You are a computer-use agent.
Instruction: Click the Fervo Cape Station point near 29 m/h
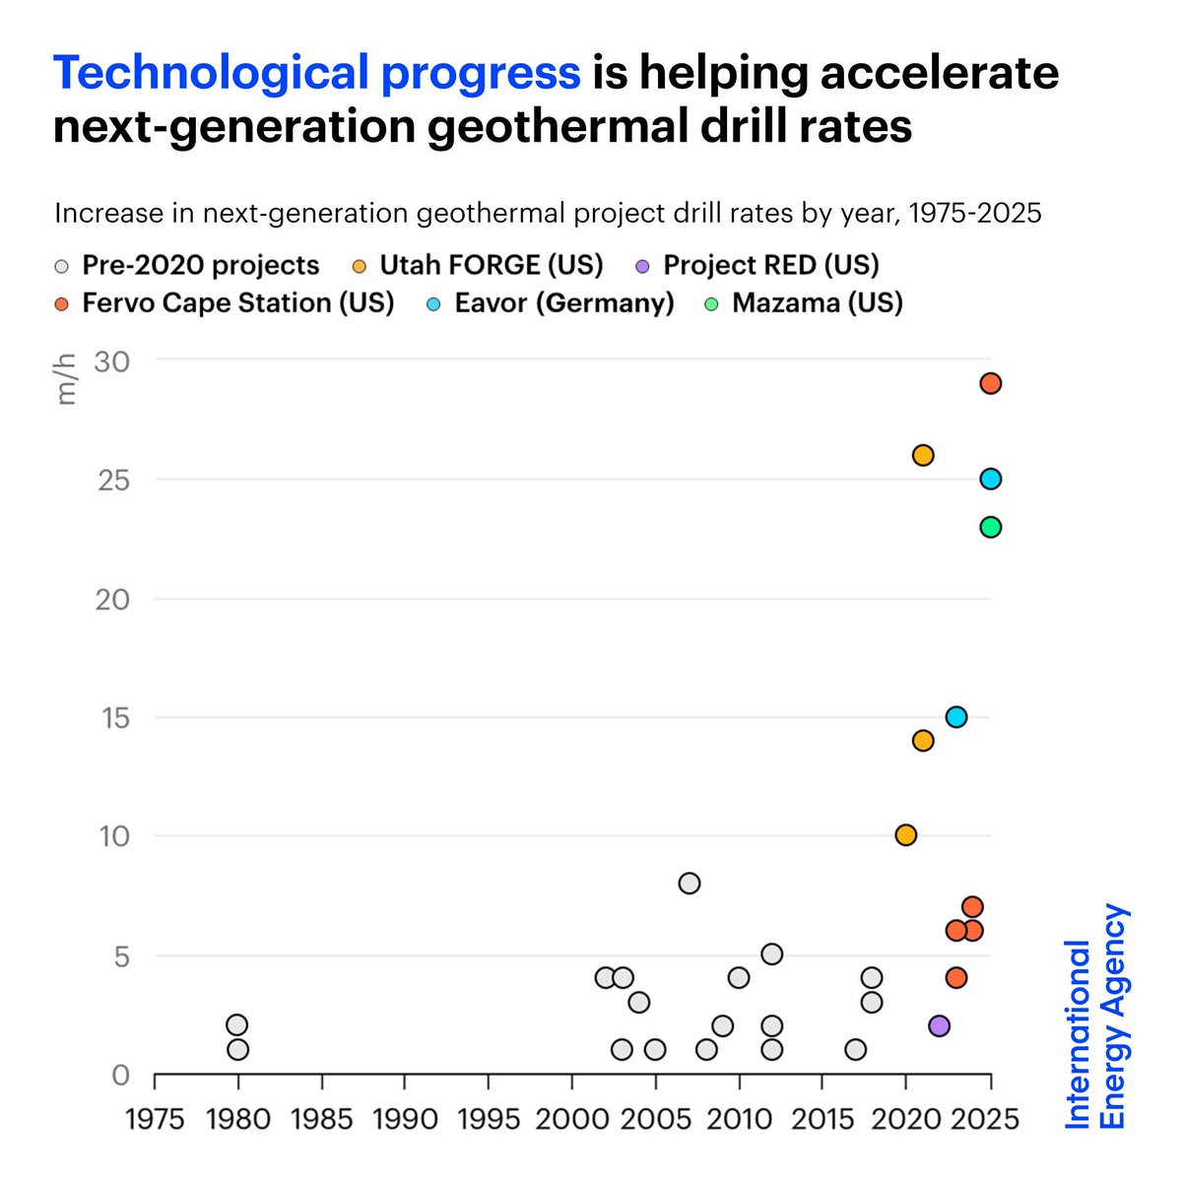point(990,383)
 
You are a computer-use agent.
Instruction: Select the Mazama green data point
point(990,527)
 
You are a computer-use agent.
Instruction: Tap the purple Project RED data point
point(939,1025)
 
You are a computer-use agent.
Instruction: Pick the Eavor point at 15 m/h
point(955,716)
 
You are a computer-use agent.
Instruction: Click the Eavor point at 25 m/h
point(990,479)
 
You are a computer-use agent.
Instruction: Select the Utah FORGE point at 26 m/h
point(922,455)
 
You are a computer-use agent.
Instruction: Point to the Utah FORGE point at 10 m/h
point(905,835)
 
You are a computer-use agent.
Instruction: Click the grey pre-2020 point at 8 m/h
point(689,883)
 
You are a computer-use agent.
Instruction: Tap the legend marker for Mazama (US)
point(711,303)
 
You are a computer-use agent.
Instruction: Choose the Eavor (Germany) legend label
point(563,302)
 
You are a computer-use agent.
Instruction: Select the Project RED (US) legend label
point(770,265)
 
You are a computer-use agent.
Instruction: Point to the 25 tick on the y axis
point(112,480)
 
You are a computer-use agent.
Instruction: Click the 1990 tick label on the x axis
point(405,1120)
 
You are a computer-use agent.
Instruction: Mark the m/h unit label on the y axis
point(66,380)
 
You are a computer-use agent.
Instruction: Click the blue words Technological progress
point(316,73)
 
